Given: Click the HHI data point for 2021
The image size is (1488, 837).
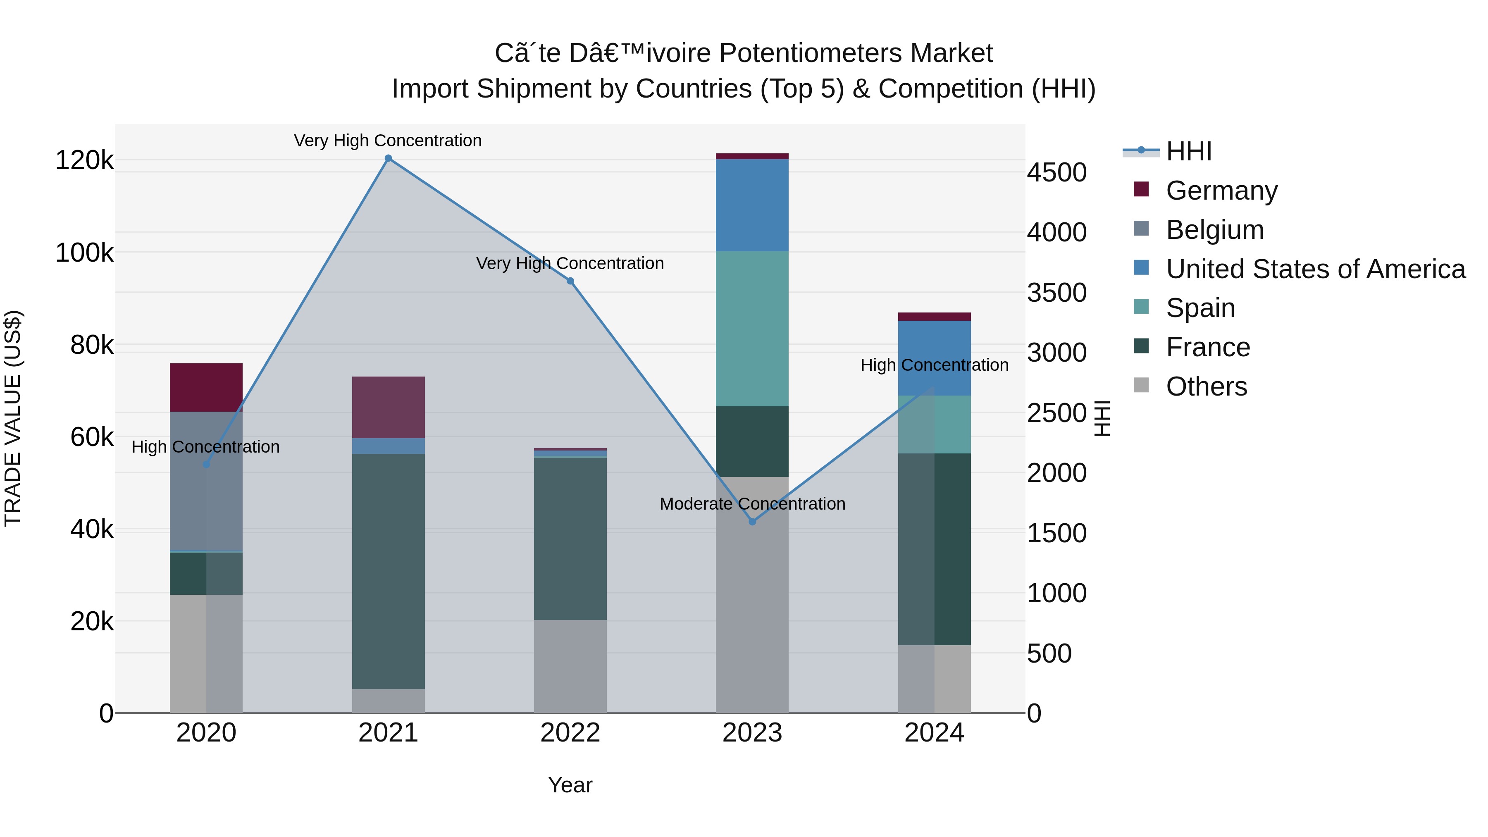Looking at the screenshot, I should (388, 158).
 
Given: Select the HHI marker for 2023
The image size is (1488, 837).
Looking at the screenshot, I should (752, 522).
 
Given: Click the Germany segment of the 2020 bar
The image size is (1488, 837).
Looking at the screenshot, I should (206, 387).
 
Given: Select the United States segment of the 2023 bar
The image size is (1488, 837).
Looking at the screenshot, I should (752, 205).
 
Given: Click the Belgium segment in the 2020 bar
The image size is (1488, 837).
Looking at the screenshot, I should (206, 481).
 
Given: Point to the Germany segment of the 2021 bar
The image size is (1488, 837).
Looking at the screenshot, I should (388, 407).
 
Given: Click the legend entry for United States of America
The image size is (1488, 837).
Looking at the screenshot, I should (1315, 269).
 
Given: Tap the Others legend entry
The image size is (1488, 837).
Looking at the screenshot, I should (1206, 386).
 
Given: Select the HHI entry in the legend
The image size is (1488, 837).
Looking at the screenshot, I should (1188, 151).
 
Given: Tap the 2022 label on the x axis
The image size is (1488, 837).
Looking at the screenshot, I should (570, 732).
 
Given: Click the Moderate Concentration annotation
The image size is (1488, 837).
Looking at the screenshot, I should (752, 504).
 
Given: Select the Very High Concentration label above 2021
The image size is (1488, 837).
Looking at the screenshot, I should (388, 141).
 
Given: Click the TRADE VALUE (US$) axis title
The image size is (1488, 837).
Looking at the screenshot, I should (13, 418).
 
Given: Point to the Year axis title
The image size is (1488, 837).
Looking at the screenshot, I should (570, 785).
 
